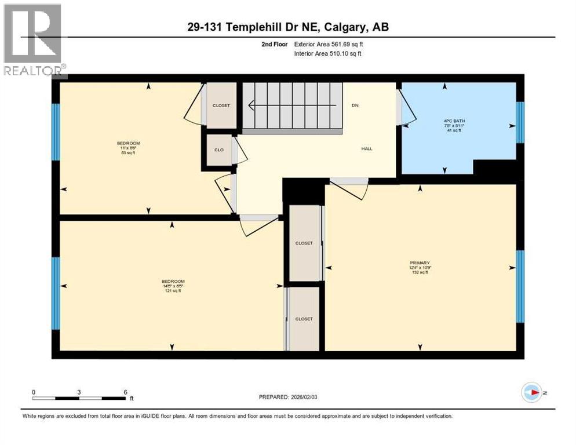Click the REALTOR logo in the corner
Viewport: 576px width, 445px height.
[x=34, y=41]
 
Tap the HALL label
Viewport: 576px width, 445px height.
[x=367, y=149]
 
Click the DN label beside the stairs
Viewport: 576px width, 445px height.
[x=355, y=105]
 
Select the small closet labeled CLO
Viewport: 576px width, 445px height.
[x=219, y=149]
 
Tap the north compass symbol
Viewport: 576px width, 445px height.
[x=531, y=392]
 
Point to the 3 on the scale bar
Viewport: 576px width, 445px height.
[x=79, y=392]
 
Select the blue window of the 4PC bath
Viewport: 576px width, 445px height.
[x=520, y=122]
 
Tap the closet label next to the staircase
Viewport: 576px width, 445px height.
[x=221, y=105]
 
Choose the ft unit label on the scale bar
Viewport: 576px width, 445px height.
[x=132, y=399]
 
